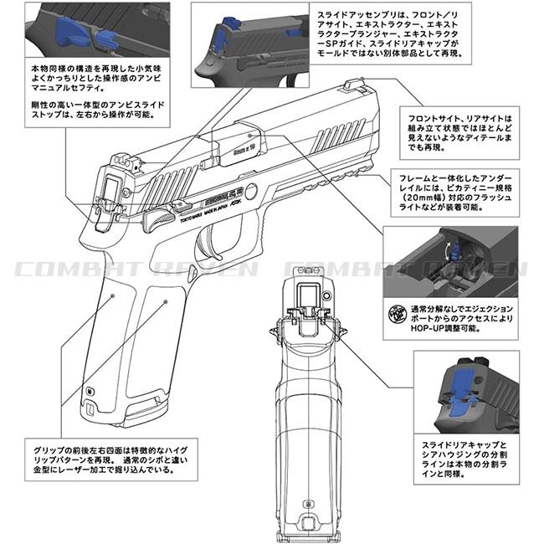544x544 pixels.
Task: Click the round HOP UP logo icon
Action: (x=400, y=316)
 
